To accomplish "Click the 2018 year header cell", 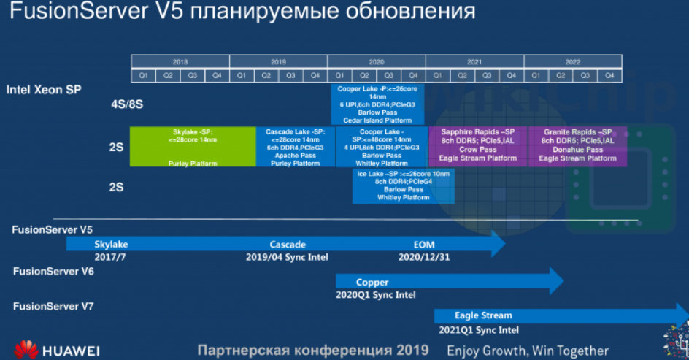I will [x=180, y=62].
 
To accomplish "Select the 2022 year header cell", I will [x=573, y=62].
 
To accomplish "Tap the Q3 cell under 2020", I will [x=389, y=75].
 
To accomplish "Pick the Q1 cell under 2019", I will [x=242, y=75].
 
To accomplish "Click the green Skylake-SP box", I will [x=193, y=147].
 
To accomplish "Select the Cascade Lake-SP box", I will [x=296, y=147].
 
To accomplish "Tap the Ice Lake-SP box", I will [x=403, y=185].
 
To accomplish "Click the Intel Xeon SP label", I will [x=44, y=90].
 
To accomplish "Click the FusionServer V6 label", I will [x=53, y=271].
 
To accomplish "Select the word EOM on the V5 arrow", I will [x=424, y=245].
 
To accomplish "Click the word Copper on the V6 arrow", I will [x=372, y=282].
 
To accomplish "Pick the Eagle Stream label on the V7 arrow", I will [x=483, y=315].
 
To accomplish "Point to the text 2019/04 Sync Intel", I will [x=287, y=257].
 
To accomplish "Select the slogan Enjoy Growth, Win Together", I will [x=528, y=351].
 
